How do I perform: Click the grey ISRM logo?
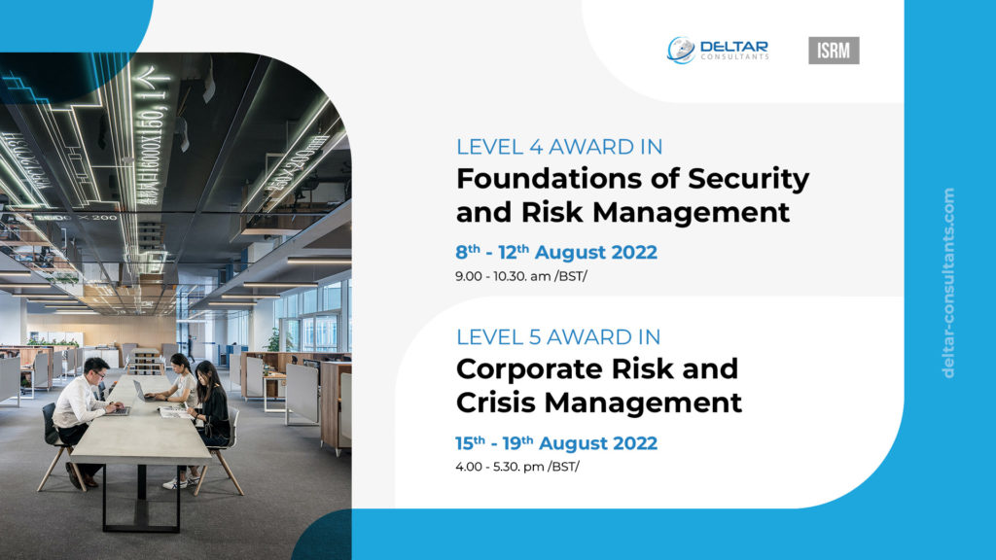point(834,51)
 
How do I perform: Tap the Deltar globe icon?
point(680,51)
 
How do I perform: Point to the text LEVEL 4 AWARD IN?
point(559,147)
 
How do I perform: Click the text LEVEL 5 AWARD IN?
point(558,337)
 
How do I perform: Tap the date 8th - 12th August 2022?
point(555,252)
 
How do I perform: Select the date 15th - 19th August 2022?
point(555,442)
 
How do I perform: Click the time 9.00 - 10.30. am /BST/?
point(521,276)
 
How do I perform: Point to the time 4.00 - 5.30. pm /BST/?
point(517,467)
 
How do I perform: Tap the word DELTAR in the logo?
point(733,47)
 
